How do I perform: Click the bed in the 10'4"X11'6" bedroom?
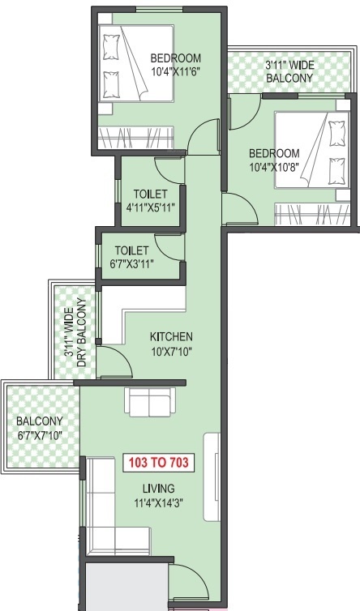click(136, 63)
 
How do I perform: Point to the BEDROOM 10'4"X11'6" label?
click(175, 64)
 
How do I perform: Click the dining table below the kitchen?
click(149, 401)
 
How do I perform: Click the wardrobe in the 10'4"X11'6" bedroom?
click(135, 135)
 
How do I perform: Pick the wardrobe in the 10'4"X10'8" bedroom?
click(312, 214)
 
